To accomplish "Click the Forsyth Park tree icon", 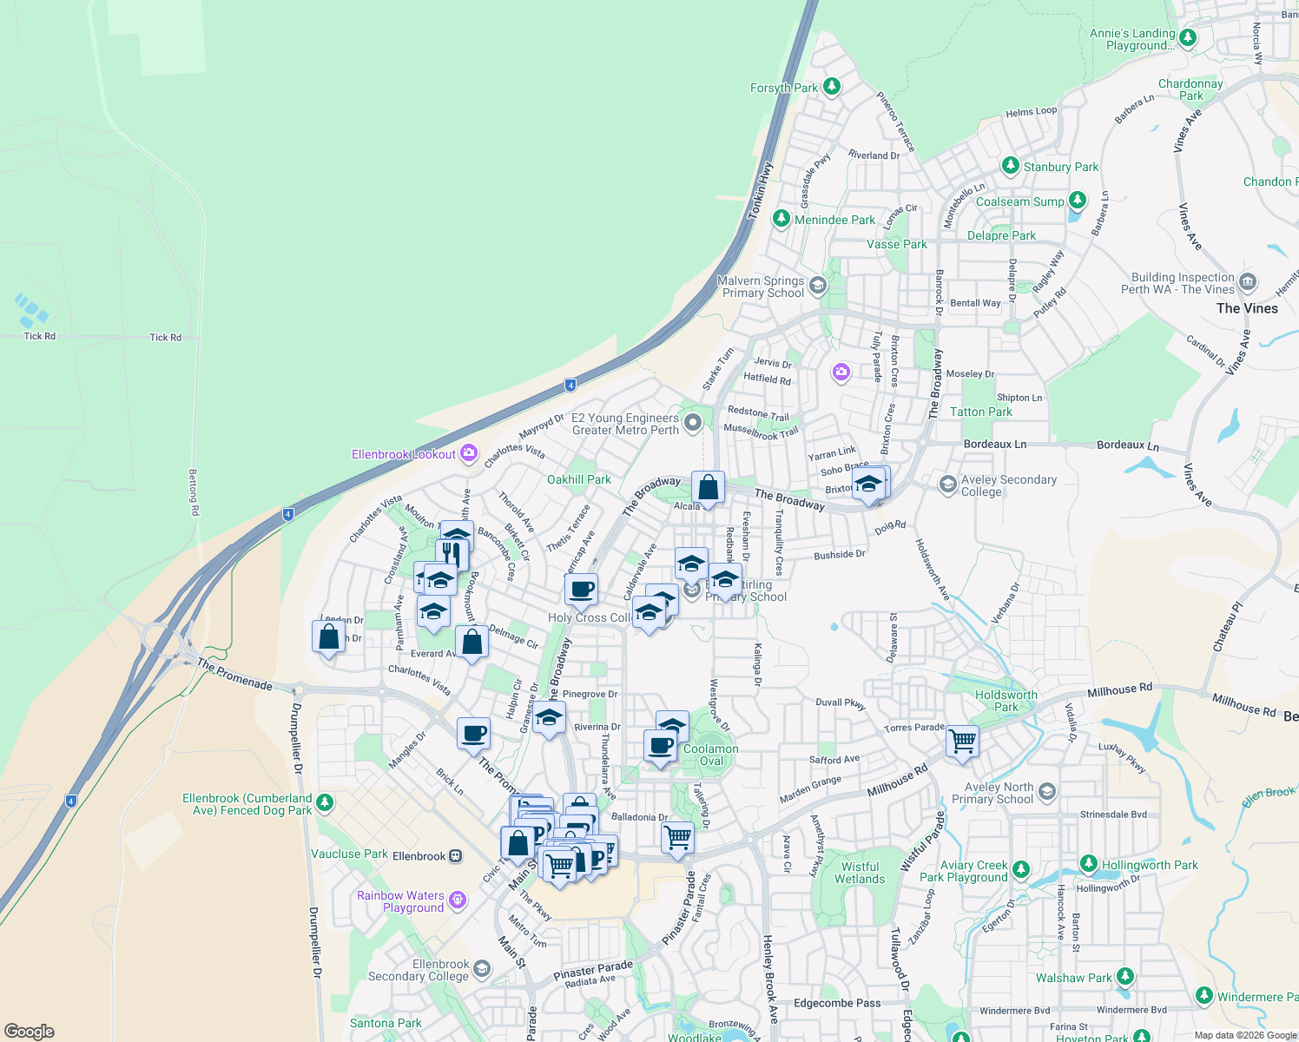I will pos(832,86).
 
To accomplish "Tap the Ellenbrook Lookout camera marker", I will pos(469,452).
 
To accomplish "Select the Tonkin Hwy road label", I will pos(761,191).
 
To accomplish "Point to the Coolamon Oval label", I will pos(710,755).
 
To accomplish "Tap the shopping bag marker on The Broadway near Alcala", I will pos(708,488).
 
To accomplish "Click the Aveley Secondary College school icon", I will pos(948,483).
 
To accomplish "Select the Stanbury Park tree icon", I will pos(1010,165).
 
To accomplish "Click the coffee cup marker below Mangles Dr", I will pos(473,734).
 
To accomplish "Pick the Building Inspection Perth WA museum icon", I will pos(1248,281).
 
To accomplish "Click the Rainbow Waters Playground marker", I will pos(458,900).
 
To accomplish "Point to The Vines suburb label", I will pos(1247,308).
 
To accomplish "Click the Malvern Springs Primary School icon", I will pos(816,285).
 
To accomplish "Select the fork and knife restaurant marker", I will pos(452,553).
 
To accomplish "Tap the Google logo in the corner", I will pos(29,1032).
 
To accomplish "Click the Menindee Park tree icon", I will pos(781,218).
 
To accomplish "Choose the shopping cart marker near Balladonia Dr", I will pos(677,838).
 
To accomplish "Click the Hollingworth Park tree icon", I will pos(1089,864).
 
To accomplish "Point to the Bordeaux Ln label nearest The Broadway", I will pos(994,444).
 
